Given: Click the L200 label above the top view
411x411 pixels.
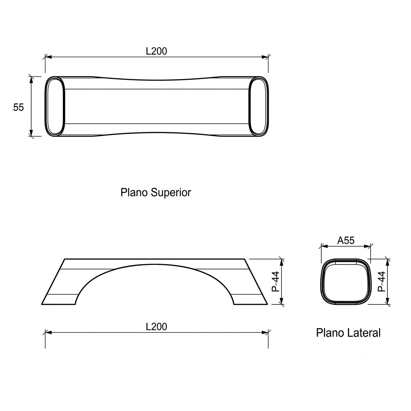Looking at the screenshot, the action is click(x=156, y=51).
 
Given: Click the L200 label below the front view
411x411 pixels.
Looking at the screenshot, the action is click(x=156, y=327).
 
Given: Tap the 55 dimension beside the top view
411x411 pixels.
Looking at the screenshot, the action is click(x=18, y=107).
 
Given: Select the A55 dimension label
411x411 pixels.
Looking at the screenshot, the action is click(x=346, y=241).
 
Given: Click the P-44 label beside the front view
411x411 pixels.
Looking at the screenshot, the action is click(x=276, y=282).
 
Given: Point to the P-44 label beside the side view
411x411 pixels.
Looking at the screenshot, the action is click(x=382, y=282).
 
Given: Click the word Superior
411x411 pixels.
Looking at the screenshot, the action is click(x=170, y=193).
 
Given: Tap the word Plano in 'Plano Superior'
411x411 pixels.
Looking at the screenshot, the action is click(x=134, y=193).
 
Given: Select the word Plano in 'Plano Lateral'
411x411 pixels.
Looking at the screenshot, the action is click(x=330, y=333).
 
